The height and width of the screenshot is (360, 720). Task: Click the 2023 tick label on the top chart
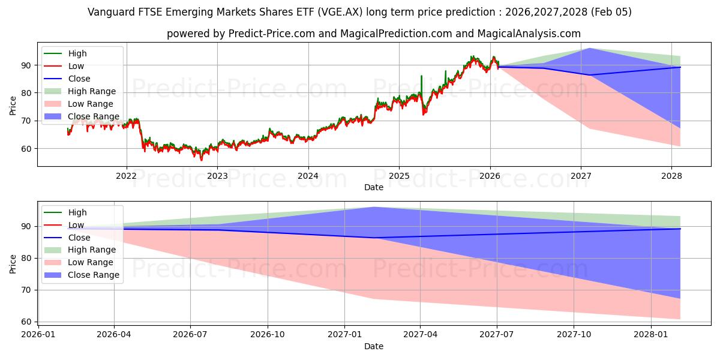coord(217,176)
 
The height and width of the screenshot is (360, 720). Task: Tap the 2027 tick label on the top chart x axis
coord(581,176)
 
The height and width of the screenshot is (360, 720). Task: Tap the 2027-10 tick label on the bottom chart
coord(574,334)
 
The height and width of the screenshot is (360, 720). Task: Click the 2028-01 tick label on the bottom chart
coord(651,334)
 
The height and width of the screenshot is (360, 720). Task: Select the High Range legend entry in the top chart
coord(92,91)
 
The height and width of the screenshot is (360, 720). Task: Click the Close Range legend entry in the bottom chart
coord(94,275)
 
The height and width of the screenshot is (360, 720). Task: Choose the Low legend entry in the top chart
coord(76,66)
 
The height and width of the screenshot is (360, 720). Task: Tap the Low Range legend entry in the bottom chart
coord(91,262)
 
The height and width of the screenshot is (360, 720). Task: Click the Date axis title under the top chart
coord(374,187)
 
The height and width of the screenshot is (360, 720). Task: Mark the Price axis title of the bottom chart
coord(13,263)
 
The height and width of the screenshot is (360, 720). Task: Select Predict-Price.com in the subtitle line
coord(274,34)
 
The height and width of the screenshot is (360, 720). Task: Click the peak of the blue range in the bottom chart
coord(373,207)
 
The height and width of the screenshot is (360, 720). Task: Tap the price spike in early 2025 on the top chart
coord(421,76)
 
